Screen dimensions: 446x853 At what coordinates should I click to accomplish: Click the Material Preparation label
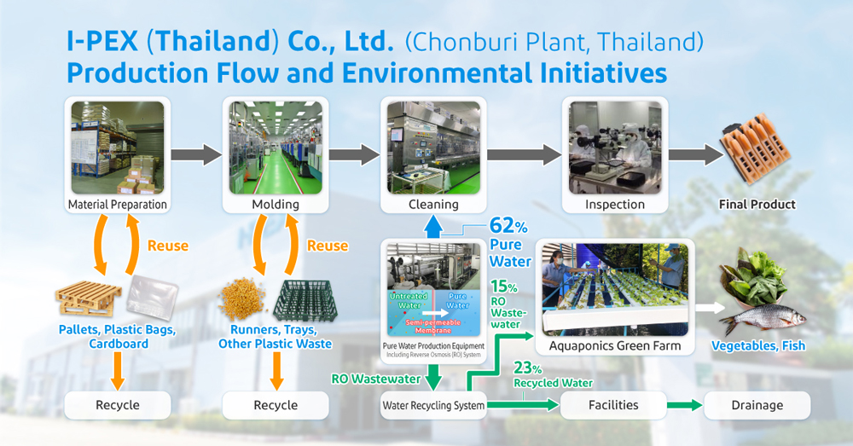[x=118, y=205]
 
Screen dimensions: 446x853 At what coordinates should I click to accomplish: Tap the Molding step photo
[x=275, y=147]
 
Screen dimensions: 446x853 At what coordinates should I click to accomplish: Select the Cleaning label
[x=434, y=205]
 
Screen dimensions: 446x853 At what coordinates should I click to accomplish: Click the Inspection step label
[x=614, y=205]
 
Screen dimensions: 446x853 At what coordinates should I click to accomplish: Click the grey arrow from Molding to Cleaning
[x=354, y=154]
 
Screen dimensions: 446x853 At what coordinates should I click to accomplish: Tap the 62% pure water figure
[x=507, y=227]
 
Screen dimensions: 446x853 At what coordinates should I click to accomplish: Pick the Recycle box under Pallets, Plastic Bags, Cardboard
[x=118, y=405]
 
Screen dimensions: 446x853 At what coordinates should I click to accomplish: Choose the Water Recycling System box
[x=433, y=405]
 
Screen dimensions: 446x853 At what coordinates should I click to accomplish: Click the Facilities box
[x=614, y=405]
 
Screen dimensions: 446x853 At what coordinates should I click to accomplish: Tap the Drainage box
[x=757, y=405]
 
